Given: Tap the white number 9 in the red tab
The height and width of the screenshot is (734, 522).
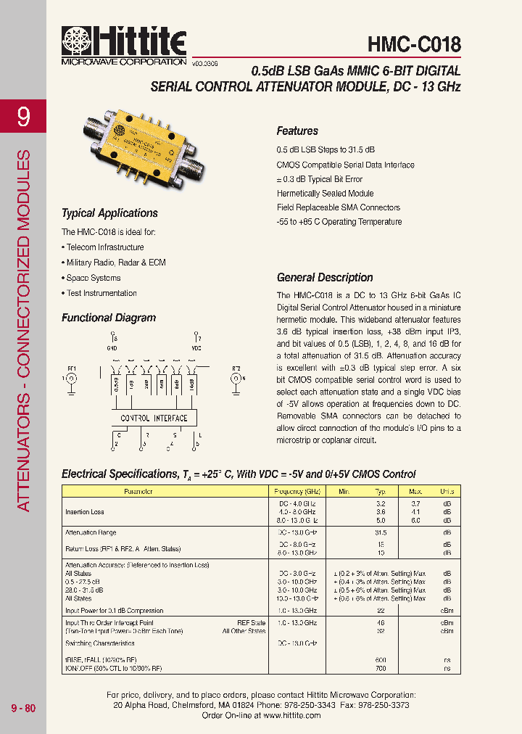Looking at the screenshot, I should click(x=23, y=117).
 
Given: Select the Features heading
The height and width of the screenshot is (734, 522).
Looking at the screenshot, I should click(x=297, y=131).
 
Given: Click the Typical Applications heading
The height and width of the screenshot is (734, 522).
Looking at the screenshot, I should click(x=109, y=213).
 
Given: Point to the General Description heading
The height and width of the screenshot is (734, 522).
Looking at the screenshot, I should click(x=325, y=278).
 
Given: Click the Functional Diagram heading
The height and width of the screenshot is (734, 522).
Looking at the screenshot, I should click(x=108, y=318).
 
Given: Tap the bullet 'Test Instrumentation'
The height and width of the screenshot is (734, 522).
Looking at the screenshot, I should click(x=101, y=293).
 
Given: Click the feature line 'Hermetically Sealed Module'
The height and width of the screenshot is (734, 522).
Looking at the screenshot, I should click(x=325, y=194).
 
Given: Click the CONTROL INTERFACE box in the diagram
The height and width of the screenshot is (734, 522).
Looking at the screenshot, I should click(x=154, y=418).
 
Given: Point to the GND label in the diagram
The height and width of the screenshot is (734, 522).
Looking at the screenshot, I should click(x=112, y=348).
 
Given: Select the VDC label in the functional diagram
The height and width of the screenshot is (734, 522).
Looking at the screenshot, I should click(x=196, y=348).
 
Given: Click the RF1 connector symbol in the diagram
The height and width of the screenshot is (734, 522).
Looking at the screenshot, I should click(x=72, y=379).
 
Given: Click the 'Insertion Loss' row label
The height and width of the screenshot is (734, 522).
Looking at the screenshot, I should click(x=84, y=511).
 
